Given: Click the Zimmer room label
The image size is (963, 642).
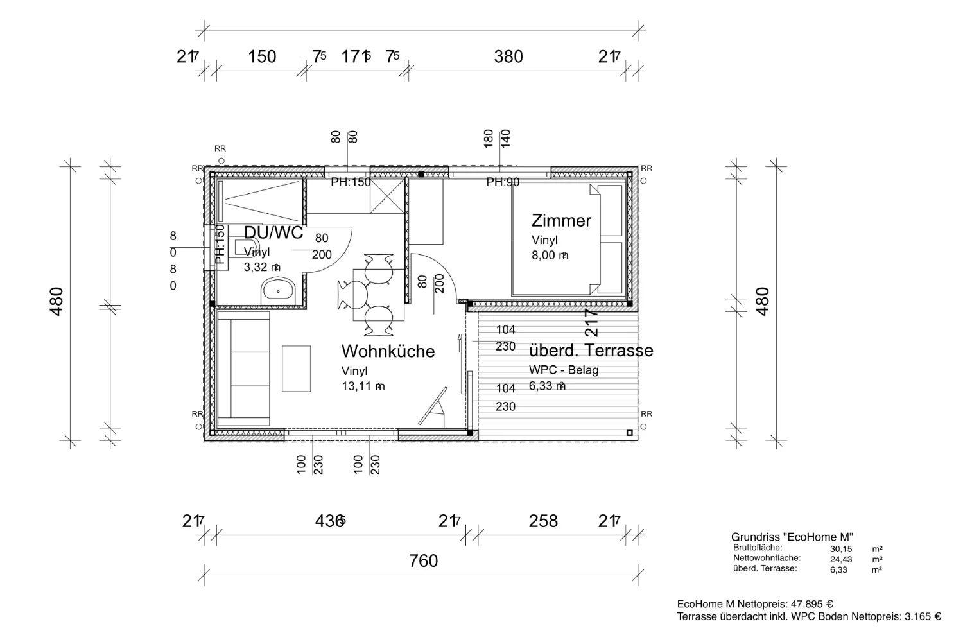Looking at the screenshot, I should click(561, 221).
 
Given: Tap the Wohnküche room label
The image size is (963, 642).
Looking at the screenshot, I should click(388, 351).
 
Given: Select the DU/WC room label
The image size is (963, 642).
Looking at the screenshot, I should click(273, 233).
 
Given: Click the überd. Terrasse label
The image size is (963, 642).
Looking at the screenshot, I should click(591, 351).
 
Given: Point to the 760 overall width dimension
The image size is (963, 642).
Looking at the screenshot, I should click(423, 561).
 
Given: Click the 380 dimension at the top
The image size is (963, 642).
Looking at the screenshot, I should click(508, 57).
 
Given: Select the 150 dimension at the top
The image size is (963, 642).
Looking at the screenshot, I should click(262, 57).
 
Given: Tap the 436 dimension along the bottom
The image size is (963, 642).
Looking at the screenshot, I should click(330, 521).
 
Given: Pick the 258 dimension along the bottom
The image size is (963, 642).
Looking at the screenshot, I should click(543, 521).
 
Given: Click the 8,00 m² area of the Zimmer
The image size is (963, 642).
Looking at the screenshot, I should click(550, 256).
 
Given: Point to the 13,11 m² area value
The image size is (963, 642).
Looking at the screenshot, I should click(363, 386).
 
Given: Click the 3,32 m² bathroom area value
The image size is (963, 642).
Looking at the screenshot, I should click(261, 267).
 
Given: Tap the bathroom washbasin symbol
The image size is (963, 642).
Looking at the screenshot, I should click(277, 291).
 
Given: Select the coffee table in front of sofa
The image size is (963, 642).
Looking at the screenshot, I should click(296, 369).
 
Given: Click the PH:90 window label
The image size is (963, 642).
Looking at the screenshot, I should click(503, 182).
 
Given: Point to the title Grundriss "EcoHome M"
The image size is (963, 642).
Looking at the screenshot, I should click(792, 537).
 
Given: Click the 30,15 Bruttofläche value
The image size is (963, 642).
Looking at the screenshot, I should click(840, 549).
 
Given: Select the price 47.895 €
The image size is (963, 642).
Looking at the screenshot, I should click(811, 604).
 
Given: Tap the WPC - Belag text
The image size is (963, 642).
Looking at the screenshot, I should click(563, 370).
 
